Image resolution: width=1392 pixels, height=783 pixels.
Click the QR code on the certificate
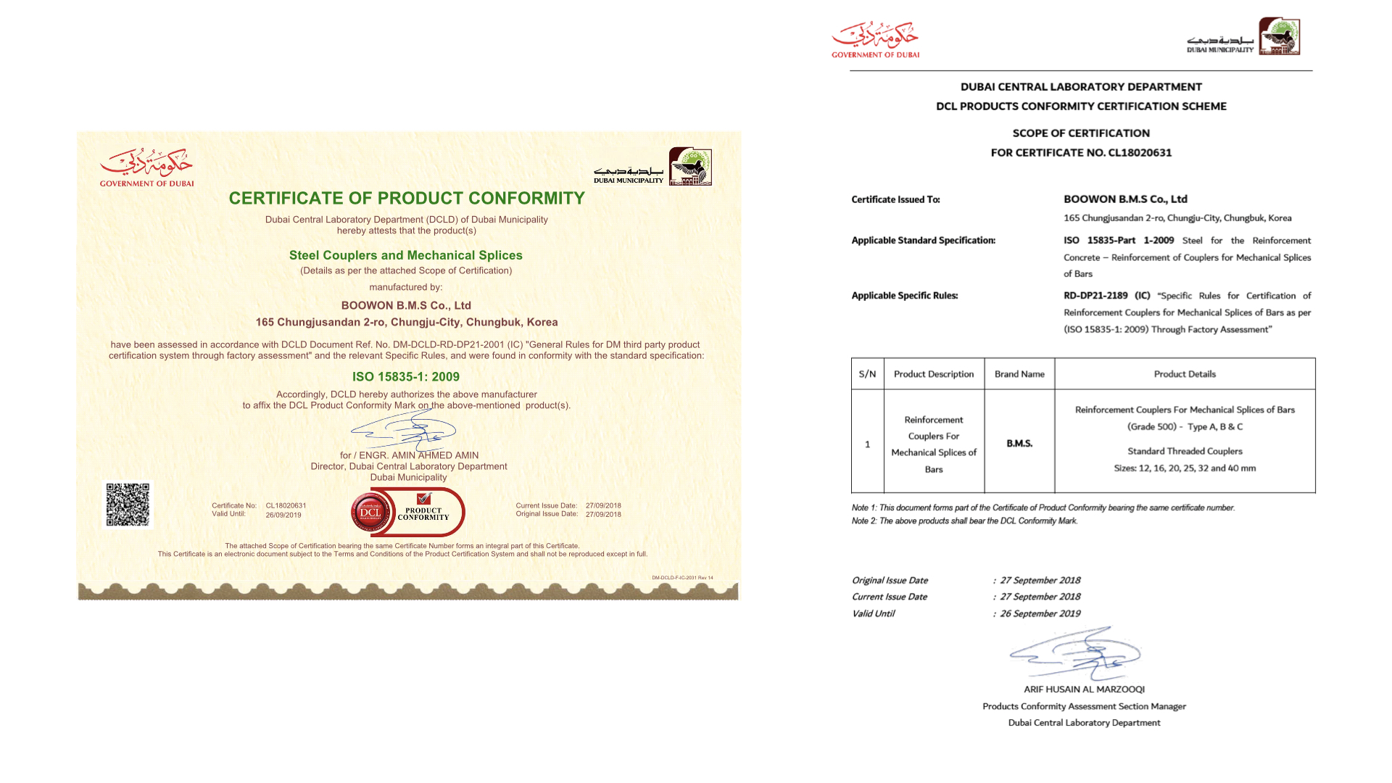(128, 505)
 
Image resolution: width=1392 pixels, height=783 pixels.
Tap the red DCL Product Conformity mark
(407, 513)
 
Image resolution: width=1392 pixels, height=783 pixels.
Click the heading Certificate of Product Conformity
(407, 198)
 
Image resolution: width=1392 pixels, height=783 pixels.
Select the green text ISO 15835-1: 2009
(406, 377)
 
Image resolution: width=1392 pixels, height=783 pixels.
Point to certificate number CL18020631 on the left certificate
(286, 506)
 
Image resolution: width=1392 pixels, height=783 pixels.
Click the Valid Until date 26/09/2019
(283, 515)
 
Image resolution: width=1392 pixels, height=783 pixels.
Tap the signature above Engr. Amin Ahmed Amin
(404, 431)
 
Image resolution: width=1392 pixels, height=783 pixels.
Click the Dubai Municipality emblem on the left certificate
(690, 167)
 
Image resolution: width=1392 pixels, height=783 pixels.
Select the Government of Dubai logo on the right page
(875, 39)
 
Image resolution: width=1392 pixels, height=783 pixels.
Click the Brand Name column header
(1019, 374)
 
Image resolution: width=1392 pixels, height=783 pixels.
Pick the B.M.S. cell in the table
(1019, 443)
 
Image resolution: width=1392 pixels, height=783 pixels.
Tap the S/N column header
(867, 374)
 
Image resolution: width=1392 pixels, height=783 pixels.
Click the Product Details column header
(1185, 374)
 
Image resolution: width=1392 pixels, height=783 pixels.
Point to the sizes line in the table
(1185, 468)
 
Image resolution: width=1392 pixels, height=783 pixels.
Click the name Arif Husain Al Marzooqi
(1084, 689)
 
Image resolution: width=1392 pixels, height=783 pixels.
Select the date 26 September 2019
(1040, 613)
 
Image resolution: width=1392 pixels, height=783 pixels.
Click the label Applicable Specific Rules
(905, 296)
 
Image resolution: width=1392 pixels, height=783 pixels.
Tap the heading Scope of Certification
(1081, 133)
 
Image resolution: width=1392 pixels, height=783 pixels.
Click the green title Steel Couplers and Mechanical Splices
(406, 255)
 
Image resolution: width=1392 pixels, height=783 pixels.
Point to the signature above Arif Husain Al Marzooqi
(1075, 654)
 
